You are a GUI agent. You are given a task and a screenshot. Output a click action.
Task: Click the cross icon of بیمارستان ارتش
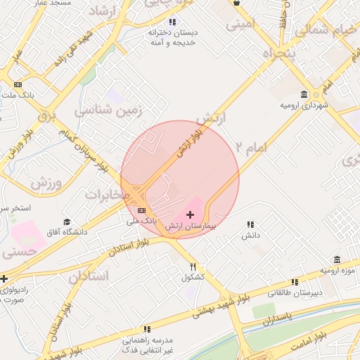click(x=190, y=214)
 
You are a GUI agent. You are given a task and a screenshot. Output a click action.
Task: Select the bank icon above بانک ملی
click(x=142, y=210)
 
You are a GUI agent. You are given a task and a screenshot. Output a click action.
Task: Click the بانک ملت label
click(x=24, y=94)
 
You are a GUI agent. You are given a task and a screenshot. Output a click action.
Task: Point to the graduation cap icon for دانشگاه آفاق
click(x=67, y=221)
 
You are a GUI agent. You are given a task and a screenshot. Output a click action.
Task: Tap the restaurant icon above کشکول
click(x=193, y=267)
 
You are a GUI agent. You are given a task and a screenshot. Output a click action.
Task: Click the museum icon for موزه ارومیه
click(x=337, y=259)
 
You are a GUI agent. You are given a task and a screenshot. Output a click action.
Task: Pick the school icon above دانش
click(x=250, y=225)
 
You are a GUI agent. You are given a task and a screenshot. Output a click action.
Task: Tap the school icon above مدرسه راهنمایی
click(x=147, y=328)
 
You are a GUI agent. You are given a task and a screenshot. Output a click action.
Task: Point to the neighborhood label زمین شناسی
click(x=108, y=110)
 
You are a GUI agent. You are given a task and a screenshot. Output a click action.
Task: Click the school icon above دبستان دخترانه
click(x=173, y=22)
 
